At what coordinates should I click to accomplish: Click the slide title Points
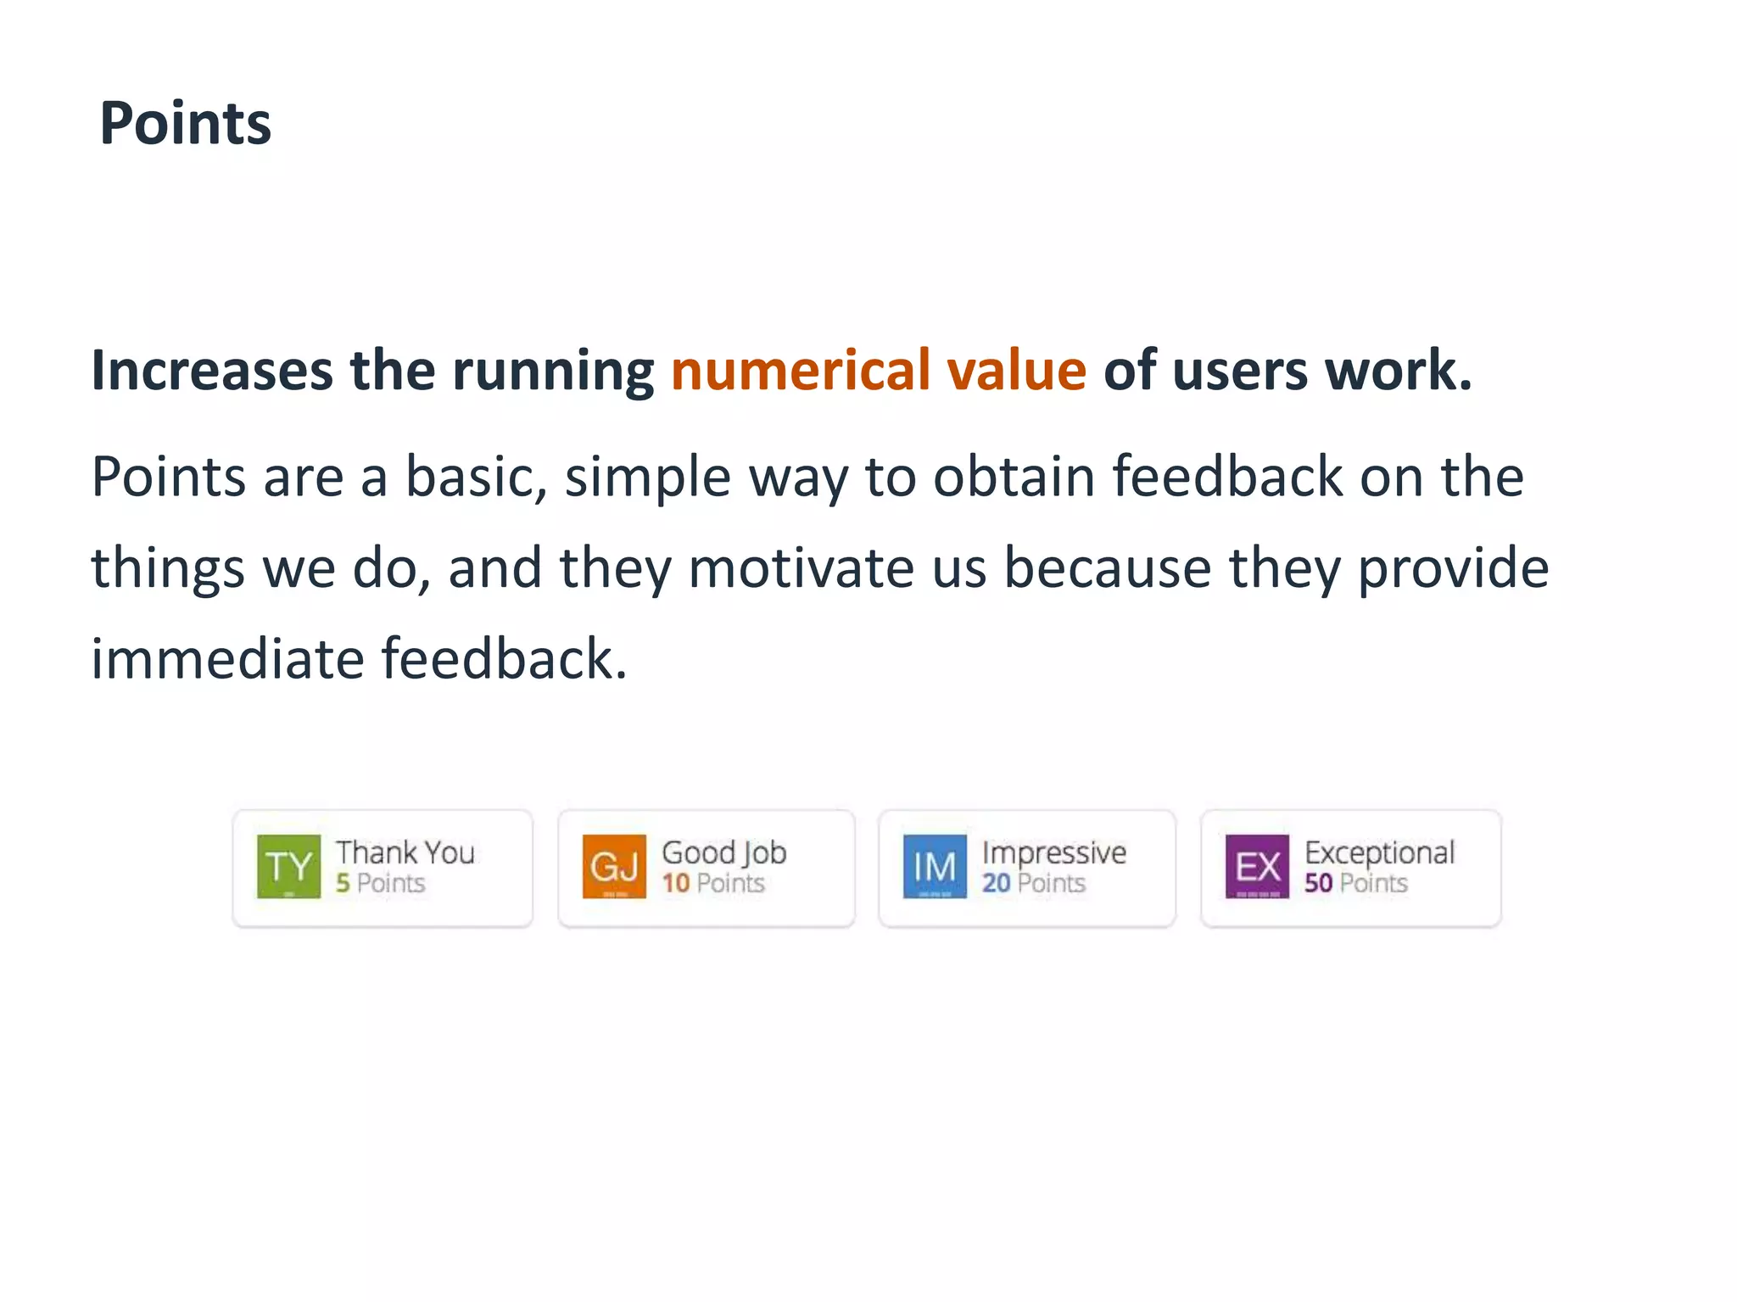(x=185, y=124)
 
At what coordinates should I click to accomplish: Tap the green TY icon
(x=288, y=866)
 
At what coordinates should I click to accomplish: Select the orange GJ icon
(x=614, y=866)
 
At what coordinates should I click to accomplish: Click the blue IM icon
(x=935, y=866)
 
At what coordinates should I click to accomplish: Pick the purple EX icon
(x=1257, y=866)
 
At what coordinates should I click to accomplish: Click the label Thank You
(x=405, y=852)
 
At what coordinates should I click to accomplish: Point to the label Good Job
(x=724, y=852)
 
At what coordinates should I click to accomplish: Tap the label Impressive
(x=1054, y=852)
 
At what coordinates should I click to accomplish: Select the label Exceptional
(x=1379, y=852)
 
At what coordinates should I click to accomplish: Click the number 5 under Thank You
(x=343, y=883)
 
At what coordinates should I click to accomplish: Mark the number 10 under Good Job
(x=675, y=883)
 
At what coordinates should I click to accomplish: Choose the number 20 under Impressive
(x=996, y=883)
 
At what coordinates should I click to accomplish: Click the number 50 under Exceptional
(x=1318, y=883)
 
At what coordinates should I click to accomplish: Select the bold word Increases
(x=212, y=371)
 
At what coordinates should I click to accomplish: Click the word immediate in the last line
(x=227, y=659)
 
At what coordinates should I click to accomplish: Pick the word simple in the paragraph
(x=647, y=478)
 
